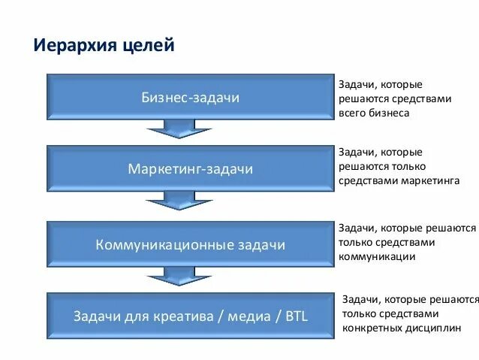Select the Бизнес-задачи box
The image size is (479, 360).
(x=191, y=98)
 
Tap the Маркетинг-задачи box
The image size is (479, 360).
(x=191, y=169)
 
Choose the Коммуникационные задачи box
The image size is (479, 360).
(x=191, y=244)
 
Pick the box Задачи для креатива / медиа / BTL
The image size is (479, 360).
(x=191, y=315)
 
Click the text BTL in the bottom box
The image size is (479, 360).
(x=297, y=315)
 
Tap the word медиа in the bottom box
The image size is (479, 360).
(x=252, y=315)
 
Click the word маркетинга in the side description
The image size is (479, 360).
(x=429, y=181)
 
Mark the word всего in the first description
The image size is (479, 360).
(x=351, y=113)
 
